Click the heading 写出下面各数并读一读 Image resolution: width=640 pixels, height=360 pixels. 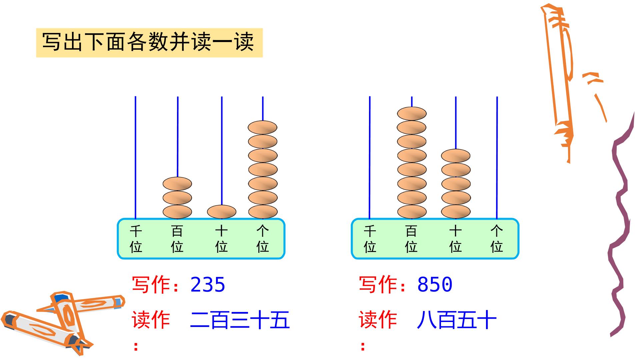(x=148, y=42)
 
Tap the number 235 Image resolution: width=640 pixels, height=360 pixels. (x=208, y=285)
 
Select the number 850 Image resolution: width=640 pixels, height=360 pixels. (x=435, y=285)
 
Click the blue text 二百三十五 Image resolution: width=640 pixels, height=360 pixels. (x=240, y=320)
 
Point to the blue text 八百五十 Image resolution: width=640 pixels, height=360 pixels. (x=457, y=320)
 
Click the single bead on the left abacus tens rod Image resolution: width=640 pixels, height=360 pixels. (x=222, y=212)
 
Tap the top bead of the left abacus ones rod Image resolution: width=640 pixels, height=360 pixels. (x=263, y=127)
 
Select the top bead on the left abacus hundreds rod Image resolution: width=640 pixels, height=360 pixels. (x=177, y=184)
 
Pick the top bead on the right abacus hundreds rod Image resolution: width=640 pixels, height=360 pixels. (x=412, y=114)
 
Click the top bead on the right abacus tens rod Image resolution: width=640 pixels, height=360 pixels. (x=456, y=156)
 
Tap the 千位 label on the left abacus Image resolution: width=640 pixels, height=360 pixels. (x=136, y=239)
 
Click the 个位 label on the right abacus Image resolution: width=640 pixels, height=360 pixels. (x=497, y=239)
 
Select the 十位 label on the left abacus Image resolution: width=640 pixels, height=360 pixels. (x=222, y=239)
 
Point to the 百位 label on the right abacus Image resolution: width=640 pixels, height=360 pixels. (x=411, y=239)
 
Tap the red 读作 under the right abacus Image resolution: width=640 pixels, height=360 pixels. (x=378, y=320)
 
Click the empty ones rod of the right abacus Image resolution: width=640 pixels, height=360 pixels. (x=497, y=158)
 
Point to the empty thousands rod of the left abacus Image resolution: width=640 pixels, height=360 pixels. (x=135, y=158)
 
